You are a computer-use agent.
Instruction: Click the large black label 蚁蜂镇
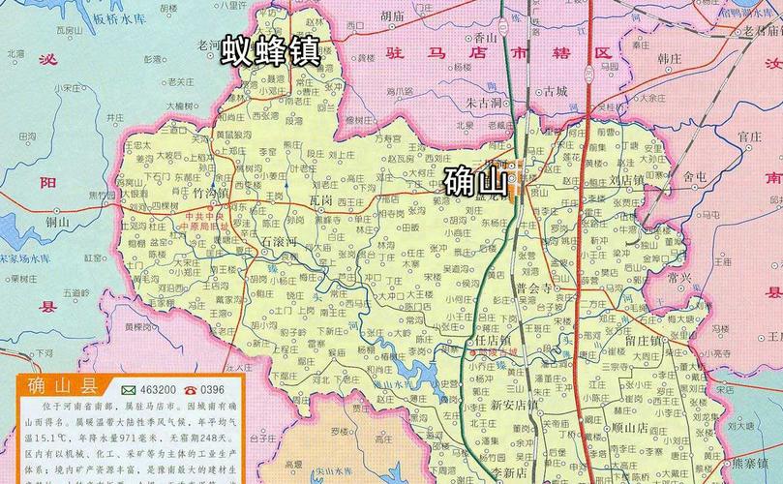coord(270,50)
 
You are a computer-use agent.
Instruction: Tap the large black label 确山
coord(475,180)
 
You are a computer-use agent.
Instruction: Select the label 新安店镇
coord(513,405)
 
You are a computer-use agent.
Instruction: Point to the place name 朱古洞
coord(484,102)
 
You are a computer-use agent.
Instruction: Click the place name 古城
coord(555,92)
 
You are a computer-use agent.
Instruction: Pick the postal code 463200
coord(161,388)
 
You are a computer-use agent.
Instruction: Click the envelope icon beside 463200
coord(129,388)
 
